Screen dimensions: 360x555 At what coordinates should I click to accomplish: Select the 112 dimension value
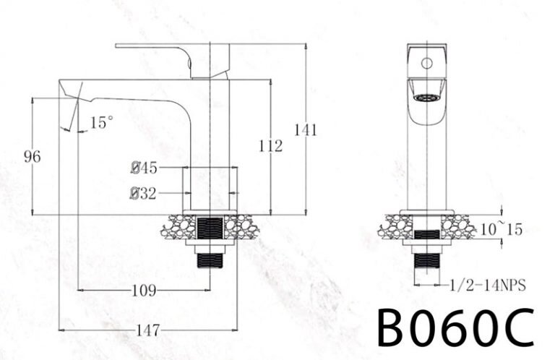[270, 147]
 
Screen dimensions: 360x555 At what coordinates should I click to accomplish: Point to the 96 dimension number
[32, 156]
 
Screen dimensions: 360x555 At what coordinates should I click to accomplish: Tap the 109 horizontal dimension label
[144, 291]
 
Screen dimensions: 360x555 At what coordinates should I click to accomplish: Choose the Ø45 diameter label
[144, 168]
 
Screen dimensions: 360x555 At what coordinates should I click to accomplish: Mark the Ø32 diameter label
[144, 193]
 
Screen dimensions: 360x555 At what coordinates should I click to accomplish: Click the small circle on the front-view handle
[426, 63]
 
